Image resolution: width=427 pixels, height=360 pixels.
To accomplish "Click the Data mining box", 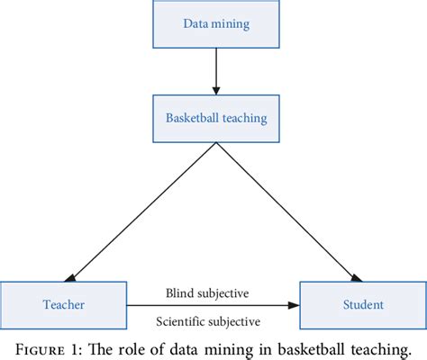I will tap(215, 23).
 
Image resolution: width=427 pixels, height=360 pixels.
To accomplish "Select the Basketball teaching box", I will tap(215, 117).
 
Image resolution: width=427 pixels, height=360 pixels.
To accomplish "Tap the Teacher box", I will tap(64, 304).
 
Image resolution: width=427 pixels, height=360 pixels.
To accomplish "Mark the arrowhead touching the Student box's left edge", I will tap(293, 305).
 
